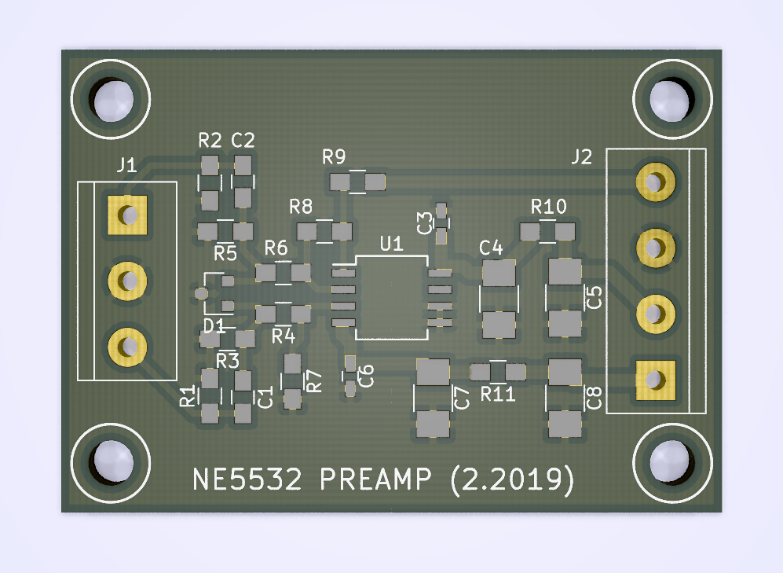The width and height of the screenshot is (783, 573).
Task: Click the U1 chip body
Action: [x=392, y=297]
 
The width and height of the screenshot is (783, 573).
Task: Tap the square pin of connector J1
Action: [x=126, y=215]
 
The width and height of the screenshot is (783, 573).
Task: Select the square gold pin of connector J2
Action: [x=654, y=379]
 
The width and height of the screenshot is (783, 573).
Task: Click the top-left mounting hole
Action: [x=112, y=99]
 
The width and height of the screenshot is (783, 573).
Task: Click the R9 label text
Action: [x=334, y=157]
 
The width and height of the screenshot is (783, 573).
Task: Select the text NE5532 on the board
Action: [x=247, y=479]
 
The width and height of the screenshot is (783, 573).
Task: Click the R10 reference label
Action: [x=548, y=208]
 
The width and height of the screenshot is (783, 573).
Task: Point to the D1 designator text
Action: [x=214, y=325]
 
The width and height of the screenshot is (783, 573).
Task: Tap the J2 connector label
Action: [x=582, y=157]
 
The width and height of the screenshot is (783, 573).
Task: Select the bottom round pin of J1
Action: [x=126, y=345]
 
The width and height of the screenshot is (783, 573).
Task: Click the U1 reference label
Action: [x=391, y=244]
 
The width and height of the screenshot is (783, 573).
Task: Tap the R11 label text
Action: [x=498, y=394]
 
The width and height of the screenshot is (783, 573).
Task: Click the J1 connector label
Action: [x=126, y=165]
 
